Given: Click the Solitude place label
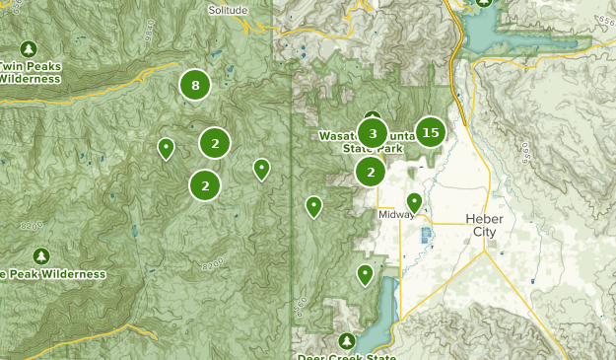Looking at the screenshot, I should coord(230,9).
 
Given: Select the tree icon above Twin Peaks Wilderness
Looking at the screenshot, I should coord(29,48).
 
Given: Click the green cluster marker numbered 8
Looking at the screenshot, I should coord(195,86).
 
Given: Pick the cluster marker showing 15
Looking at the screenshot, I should coord(429,131).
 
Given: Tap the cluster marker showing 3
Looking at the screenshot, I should coord(373,132).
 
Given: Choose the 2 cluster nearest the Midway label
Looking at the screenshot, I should coord(371,172).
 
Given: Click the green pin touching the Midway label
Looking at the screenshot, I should coord(415,202).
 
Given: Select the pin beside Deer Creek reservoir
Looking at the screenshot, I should coord(366,274).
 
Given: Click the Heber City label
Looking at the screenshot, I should coord(483,225).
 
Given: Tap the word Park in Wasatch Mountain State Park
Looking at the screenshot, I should coord(390,148).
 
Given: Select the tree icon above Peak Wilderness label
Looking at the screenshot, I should coord(40,255).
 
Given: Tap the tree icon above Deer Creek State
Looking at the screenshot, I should coord(346,340).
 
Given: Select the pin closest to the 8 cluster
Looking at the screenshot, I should coord(167,148).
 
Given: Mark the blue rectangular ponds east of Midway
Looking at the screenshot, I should coord(427,237).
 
